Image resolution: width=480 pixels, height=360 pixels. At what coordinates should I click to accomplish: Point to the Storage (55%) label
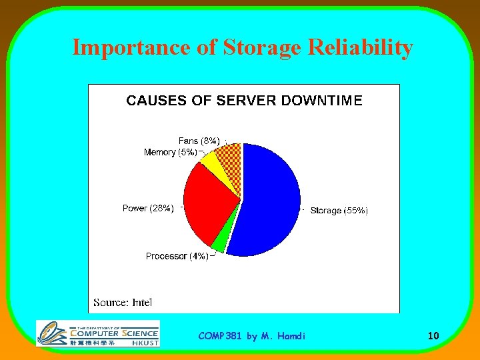(338, 211)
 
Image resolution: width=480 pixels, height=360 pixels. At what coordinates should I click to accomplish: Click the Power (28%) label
(148, 208)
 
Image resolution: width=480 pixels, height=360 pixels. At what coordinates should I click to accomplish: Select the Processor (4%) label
(177, 256)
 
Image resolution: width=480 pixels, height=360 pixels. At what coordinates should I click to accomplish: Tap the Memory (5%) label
(170, 153)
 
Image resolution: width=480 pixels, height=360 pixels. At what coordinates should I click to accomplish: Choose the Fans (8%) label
(199, 141)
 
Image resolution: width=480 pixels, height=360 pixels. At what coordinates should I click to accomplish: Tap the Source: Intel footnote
(123, 302)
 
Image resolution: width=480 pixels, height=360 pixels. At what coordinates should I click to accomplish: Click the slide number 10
(433, 336)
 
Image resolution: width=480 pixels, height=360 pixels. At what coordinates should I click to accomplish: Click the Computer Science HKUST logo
(98, 333)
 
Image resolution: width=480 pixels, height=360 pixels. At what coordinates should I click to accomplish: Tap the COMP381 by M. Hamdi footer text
(251, 336)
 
